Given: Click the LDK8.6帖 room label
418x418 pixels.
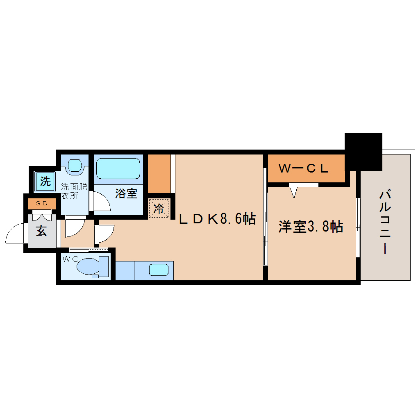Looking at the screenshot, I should tap(218, 219).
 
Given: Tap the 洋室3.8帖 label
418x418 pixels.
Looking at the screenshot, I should tap(311, 227).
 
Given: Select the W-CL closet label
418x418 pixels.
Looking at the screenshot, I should tap(303, 168).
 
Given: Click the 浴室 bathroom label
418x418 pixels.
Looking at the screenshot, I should tap(126, 193).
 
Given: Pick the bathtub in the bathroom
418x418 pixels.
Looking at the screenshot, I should tap(118, 168).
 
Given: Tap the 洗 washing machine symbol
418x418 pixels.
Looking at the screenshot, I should tap(45, 181).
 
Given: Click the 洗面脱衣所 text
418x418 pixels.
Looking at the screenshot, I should tap(74, 191).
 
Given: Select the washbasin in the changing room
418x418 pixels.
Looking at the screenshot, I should tap(75, 165).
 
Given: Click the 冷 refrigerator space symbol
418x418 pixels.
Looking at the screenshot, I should tap(158, 209).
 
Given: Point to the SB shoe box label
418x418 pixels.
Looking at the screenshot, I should tap(42, 203).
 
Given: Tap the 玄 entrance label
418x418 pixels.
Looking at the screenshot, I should tap(41, 231).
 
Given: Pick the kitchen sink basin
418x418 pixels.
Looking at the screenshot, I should tap(159, 270).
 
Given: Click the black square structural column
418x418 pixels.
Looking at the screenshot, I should tap(363, 151).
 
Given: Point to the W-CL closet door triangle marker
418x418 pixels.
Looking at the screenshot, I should tap(294, 192).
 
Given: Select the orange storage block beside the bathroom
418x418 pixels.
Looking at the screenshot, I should tap(159, 173).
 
